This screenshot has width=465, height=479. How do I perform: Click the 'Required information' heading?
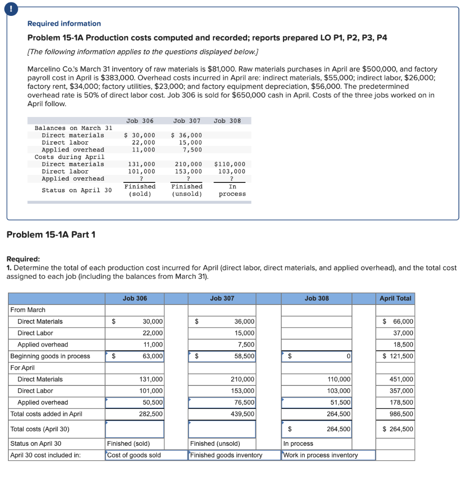[64, 23]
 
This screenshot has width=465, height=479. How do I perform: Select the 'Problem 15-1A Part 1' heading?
[51, 234]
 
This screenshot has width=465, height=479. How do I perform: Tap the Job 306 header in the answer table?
[135, 298]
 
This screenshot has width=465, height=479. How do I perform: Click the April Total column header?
[395, 298]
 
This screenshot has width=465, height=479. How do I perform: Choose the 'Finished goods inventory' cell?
[226, 455]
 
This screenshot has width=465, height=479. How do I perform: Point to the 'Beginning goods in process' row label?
[50, 356]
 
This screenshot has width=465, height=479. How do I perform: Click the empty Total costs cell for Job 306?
[135, 429]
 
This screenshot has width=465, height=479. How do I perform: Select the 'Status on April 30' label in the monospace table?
[77, 190]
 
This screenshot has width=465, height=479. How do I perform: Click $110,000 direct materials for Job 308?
[229, 164]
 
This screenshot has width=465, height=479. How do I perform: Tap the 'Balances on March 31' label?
[73, 128]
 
